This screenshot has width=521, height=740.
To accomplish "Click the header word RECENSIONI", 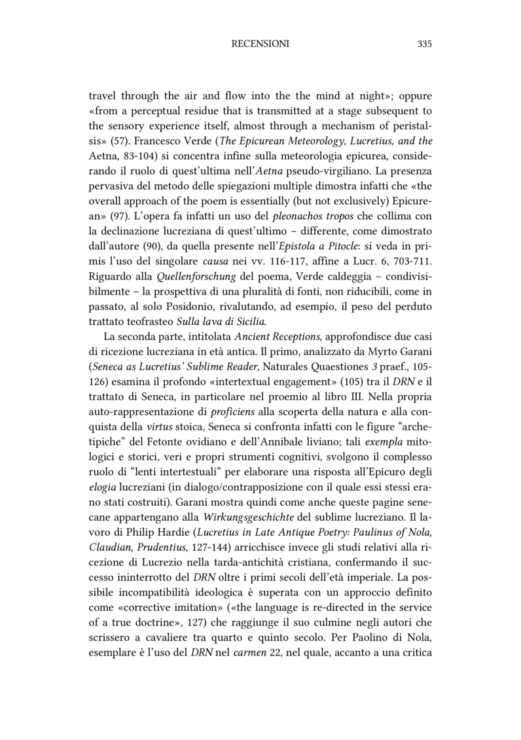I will pyautogui.click(x=260, y=44).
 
